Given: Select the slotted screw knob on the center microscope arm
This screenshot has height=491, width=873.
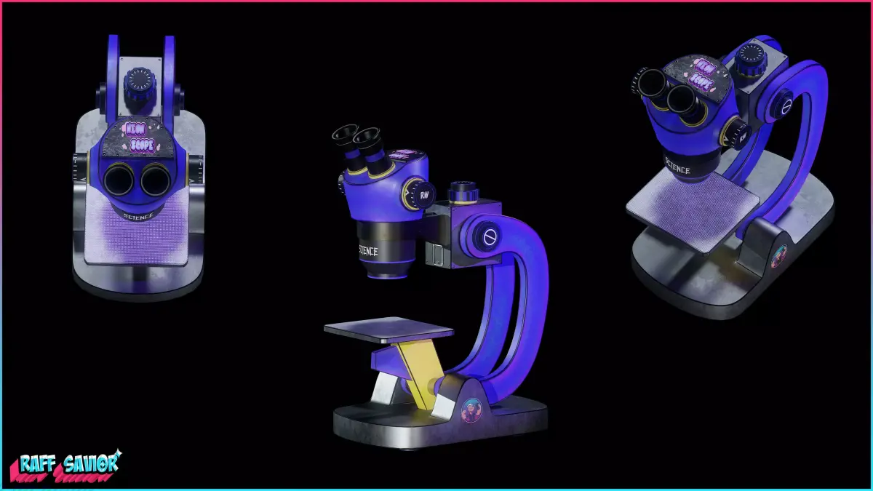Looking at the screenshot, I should pyautogui.click(x=489, y=236).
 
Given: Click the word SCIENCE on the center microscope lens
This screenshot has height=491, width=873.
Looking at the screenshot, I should pyautogui.click(x=368, y=251).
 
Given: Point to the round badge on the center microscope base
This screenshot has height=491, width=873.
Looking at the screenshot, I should pyautogui.click(x=471, y=411).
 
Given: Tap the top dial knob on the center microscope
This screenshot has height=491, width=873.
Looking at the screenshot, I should pyautogui.click(x=463, y=192).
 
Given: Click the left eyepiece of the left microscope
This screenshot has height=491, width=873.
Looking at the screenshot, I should pyautogui.click(x=116, y=179).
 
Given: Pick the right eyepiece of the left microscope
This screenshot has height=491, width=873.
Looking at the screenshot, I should pyautogui.click(x=154, y=179).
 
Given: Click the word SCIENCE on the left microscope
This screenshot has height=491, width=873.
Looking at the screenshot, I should pyautogui.click(x=137, y=216).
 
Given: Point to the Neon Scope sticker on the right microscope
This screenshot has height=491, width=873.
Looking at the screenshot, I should pyautogui.click(x=702, y=73).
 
